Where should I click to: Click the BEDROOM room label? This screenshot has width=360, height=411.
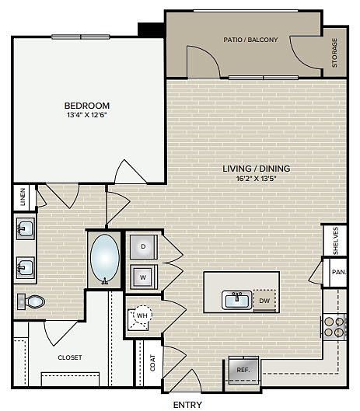click(87, 106)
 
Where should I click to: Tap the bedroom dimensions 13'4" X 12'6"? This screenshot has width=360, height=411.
click(87, 115)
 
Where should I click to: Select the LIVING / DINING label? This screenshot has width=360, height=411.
click(257, 169)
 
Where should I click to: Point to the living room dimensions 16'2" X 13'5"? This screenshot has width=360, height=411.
click(257, 179)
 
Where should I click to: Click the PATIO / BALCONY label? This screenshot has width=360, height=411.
click(250, 40)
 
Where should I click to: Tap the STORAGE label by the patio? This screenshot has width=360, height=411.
click(334, 53)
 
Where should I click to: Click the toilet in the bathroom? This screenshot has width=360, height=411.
click(31, 301)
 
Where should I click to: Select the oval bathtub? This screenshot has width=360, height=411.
click(105, 259)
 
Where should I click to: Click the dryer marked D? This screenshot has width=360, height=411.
click(144, 246)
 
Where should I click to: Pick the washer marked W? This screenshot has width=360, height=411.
click(144, 277)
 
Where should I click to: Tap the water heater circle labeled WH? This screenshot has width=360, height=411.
click(142, 315)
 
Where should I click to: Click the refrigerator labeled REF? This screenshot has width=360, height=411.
click(243, 370)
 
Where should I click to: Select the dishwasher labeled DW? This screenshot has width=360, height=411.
click(264, 301)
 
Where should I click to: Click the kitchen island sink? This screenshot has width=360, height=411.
click(237, 300)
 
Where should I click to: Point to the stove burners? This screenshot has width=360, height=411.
click(334, 327)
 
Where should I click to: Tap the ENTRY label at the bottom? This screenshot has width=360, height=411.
click(187, 405)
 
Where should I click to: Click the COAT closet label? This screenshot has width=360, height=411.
click(152, 363)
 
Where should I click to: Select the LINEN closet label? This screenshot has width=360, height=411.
click(23, 197)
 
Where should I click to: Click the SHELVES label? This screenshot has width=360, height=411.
click(336, 241)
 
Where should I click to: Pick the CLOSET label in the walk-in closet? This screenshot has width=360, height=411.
click(70, 357)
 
